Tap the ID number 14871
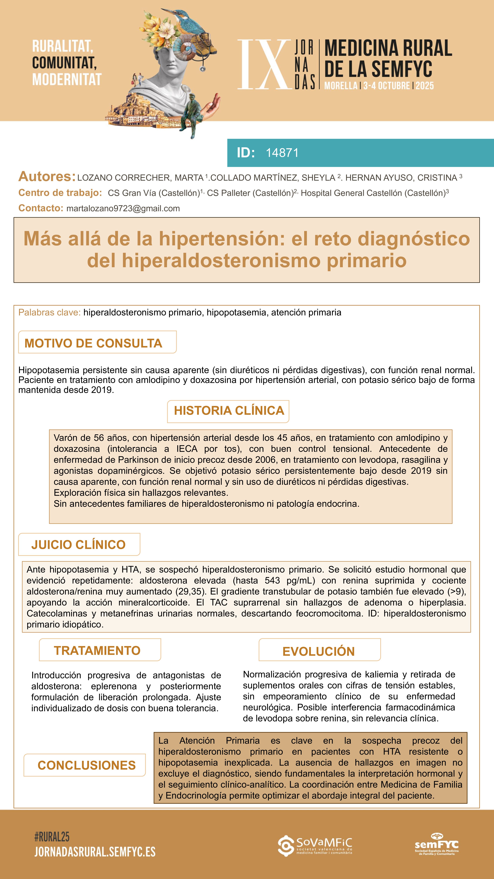(x=282, y=153)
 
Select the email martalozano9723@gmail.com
(x=123, y=208)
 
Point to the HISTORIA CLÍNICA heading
(x=229, y=410)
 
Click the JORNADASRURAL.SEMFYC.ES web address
(x=95, y=852)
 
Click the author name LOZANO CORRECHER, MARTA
(x=140, y=178)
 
